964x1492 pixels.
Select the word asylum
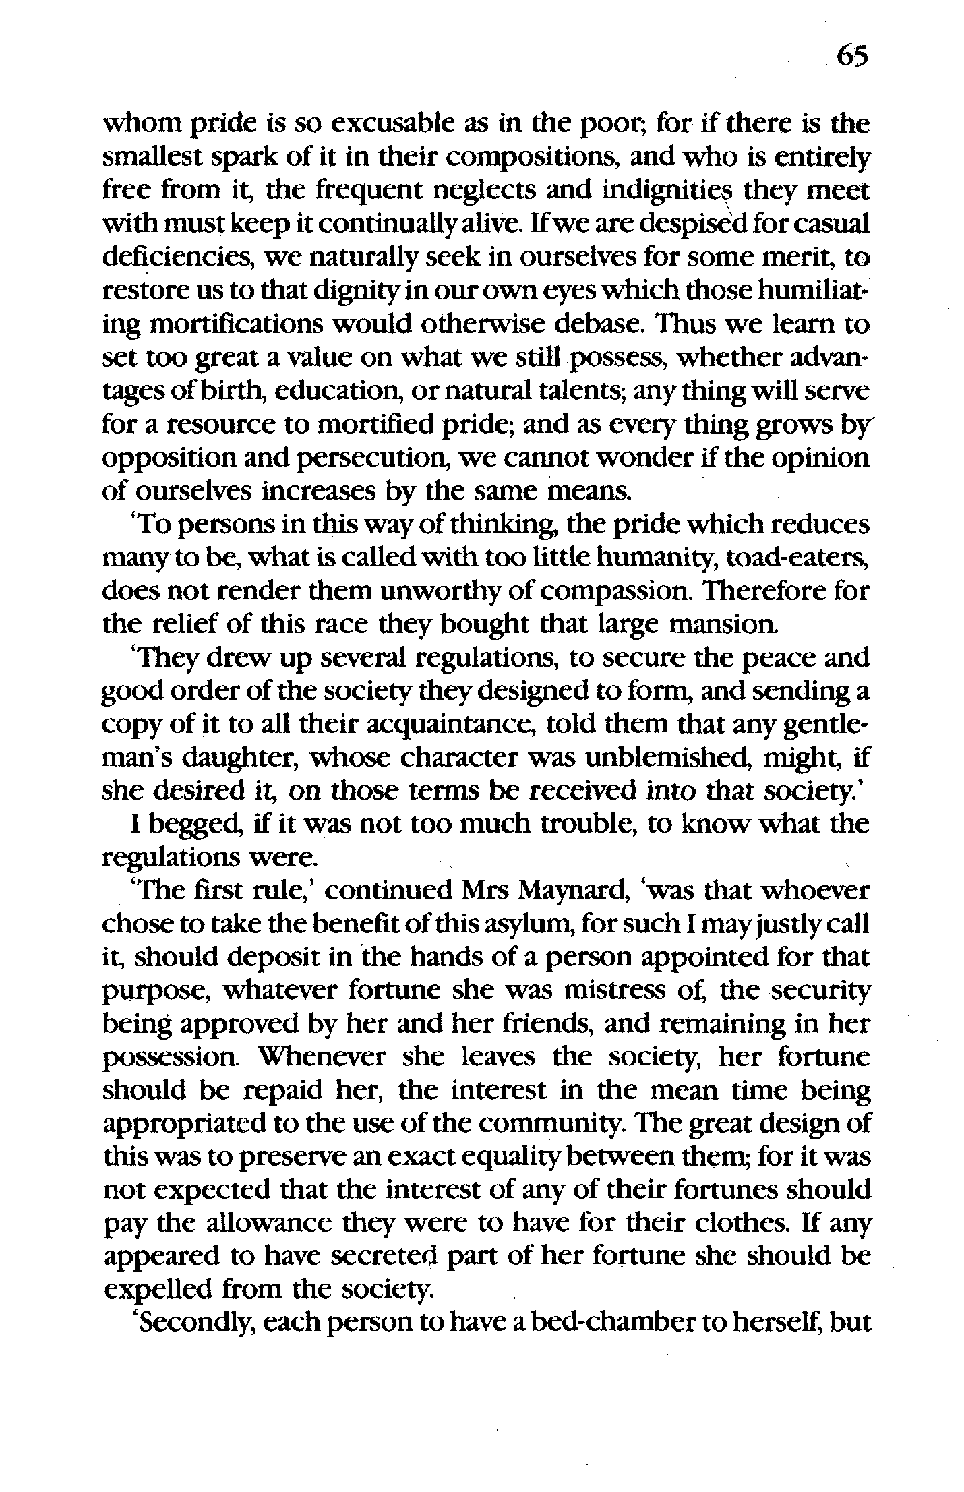(564, 925)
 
